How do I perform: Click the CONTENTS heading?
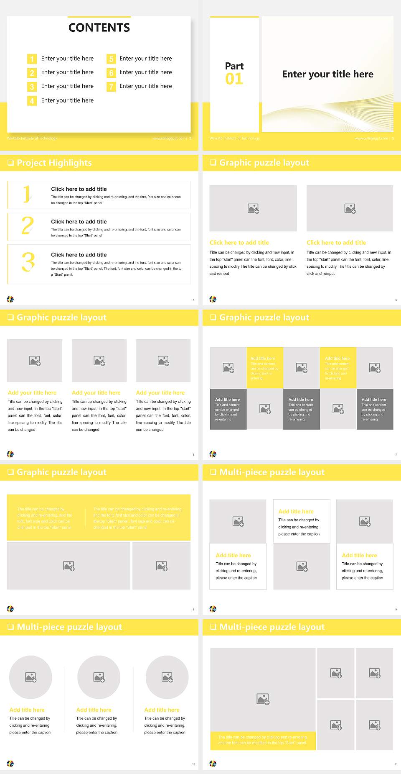pyautogui.click(x=99, y=28)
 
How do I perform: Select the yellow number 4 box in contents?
pyautogui.click(x=32, y=101)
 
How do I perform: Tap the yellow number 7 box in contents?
pyautogui.click(x=111, y=87)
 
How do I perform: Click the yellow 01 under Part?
pyautogui.click(x=234, y=79)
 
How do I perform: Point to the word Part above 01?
pyautogui.click(x=234, y=66)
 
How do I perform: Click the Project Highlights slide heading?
pyautogui.click(x=54, y=163)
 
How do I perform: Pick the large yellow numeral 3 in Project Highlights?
pyautogui.click(x=28, y=262)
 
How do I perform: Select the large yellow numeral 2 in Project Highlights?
pyautogui.click(x=28, y=226)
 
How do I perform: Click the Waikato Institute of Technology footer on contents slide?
pyautogui.click(x=32, y=138)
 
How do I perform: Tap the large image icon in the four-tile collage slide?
pyautogui.click(x=263, y=699)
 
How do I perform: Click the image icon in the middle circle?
pyautogui.click(x=99, y=677)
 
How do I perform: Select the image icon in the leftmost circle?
pyautogui.click(x=30, y=677)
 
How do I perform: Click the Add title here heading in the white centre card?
pyautogui.click(x=296, y=511)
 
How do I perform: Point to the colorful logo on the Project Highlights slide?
pyautogui.click(x=10, y=299)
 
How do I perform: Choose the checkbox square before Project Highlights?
pyautogui.click(x=10, y=163)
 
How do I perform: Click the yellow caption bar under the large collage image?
pyautogui.click(x=263, y=740)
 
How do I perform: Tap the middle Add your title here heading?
pyautogui.click(x=96, y=393)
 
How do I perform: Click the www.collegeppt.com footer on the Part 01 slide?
pyautogui.click(x=371, y=138)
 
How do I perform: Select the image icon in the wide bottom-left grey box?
pyautogui.click(x=69, y=566)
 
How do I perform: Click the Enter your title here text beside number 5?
pyautogui.click(x=145, y=59)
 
